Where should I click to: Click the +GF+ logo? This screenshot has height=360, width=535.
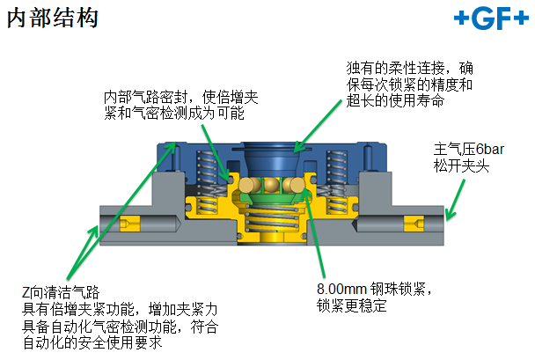(x=488, y=19)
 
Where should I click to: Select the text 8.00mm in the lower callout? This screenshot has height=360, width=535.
(x=340, y=289)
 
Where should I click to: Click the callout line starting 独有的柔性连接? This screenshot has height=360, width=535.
(x=410, y=67)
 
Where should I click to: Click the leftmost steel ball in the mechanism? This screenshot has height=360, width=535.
(x=251, y=185)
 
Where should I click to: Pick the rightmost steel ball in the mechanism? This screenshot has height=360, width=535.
(x=297, y=185)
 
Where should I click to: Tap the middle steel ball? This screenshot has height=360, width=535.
(x=274, y=185)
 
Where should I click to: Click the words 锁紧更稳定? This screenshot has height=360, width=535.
(x=351, y=305)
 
